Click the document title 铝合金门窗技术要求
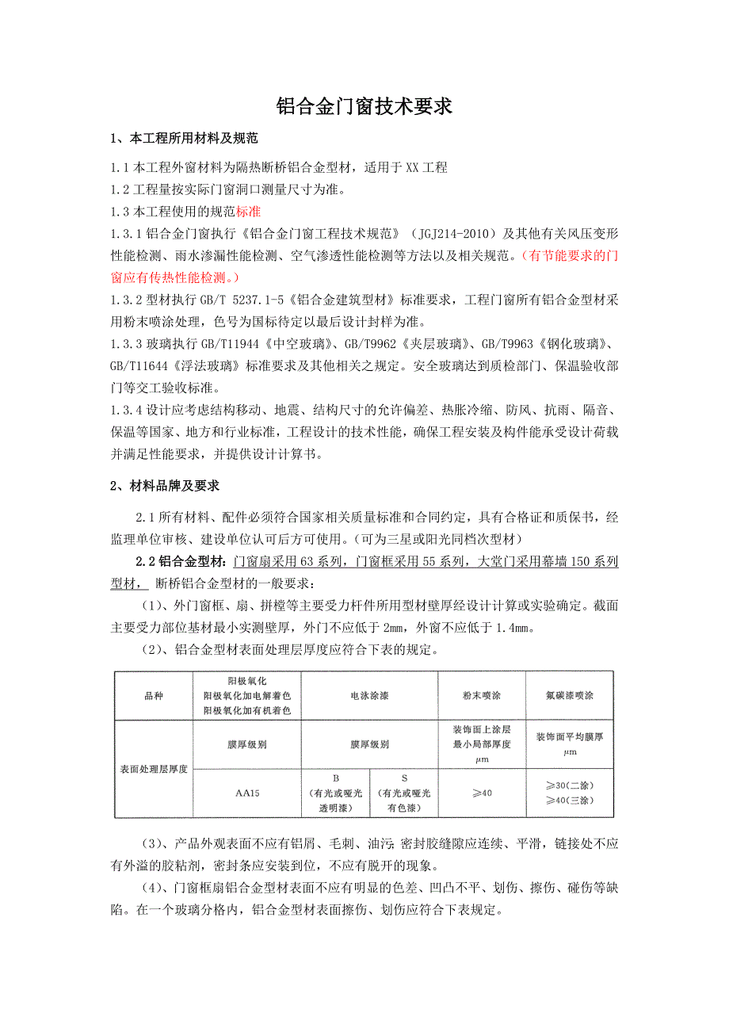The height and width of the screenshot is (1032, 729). point(364,107)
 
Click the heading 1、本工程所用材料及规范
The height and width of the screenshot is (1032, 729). point(184,139)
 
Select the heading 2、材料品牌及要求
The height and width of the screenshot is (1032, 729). point(164,486)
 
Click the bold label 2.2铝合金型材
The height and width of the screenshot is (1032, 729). point(181,562)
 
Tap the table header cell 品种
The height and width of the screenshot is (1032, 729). point(154,696)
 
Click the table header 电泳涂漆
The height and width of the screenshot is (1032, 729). point(369,696)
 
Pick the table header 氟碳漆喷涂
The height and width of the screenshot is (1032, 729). point(571,696)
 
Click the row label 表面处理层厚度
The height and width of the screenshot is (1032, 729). point(154,769)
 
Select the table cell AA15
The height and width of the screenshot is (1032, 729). point(247,793)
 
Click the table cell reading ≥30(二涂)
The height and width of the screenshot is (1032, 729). point(571,785)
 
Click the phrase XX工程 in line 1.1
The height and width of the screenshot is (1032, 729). point(427,167)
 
